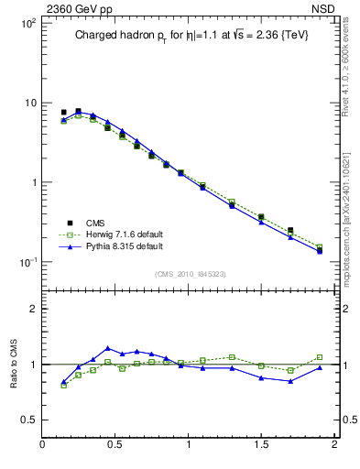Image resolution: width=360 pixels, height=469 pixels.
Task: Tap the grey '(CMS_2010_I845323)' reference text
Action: coord(190,273)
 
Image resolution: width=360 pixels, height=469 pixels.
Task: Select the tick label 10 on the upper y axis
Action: coord(29,103)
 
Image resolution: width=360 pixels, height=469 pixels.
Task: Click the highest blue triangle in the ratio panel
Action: coord(108,348)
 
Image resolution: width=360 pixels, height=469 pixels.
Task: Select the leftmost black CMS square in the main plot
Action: coord(63,113)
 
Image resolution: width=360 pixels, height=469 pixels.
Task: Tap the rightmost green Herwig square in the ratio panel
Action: coord(319,357)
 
